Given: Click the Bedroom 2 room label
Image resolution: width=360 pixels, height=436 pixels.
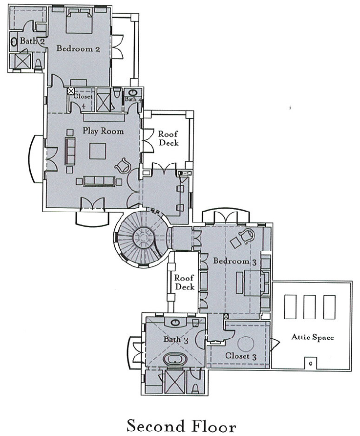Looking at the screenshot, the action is pos(78,49).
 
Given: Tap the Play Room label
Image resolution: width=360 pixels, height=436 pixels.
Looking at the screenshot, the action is pos(103,131).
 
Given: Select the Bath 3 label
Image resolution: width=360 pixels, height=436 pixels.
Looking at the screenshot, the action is pos(176,340).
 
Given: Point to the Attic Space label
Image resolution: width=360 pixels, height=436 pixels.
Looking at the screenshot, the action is pos(313,337).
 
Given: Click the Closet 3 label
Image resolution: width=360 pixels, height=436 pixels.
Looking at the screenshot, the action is pos(240,356).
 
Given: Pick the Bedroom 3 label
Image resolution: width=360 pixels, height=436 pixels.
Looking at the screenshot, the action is pos(235,261).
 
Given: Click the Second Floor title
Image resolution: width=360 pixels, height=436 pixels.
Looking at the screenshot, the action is pos(181,426).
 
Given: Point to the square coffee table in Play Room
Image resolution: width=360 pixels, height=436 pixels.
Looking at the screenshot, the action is pos(98,151).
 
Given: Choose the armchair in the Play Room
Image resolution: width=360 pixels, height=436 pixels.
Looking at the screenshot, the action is pos(123,165).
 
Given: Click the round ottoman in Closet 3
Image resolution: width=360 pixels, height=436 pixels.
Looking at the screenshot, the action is pos(246,344).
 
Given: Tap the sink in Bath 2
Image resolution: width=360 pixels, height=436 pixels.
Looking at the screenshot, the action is pos(14,42).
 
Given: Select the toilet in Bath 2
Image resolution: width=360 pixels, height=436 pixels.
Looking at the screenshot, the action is pos(38,64).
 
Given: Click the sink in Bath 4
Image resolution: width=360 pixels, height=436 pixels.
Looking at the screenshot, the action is pos(131,92).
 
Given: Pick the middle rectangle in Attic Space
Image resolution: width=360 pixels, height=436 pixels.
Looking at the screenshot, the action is pos(309,306).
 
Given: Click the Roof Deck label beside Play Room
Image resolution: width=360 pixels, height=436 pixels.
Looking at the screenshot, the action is pos(169,138).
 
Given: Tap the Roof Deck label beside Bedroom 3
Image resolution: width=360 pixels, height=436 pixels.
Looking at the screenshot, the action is pos(184,282).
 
